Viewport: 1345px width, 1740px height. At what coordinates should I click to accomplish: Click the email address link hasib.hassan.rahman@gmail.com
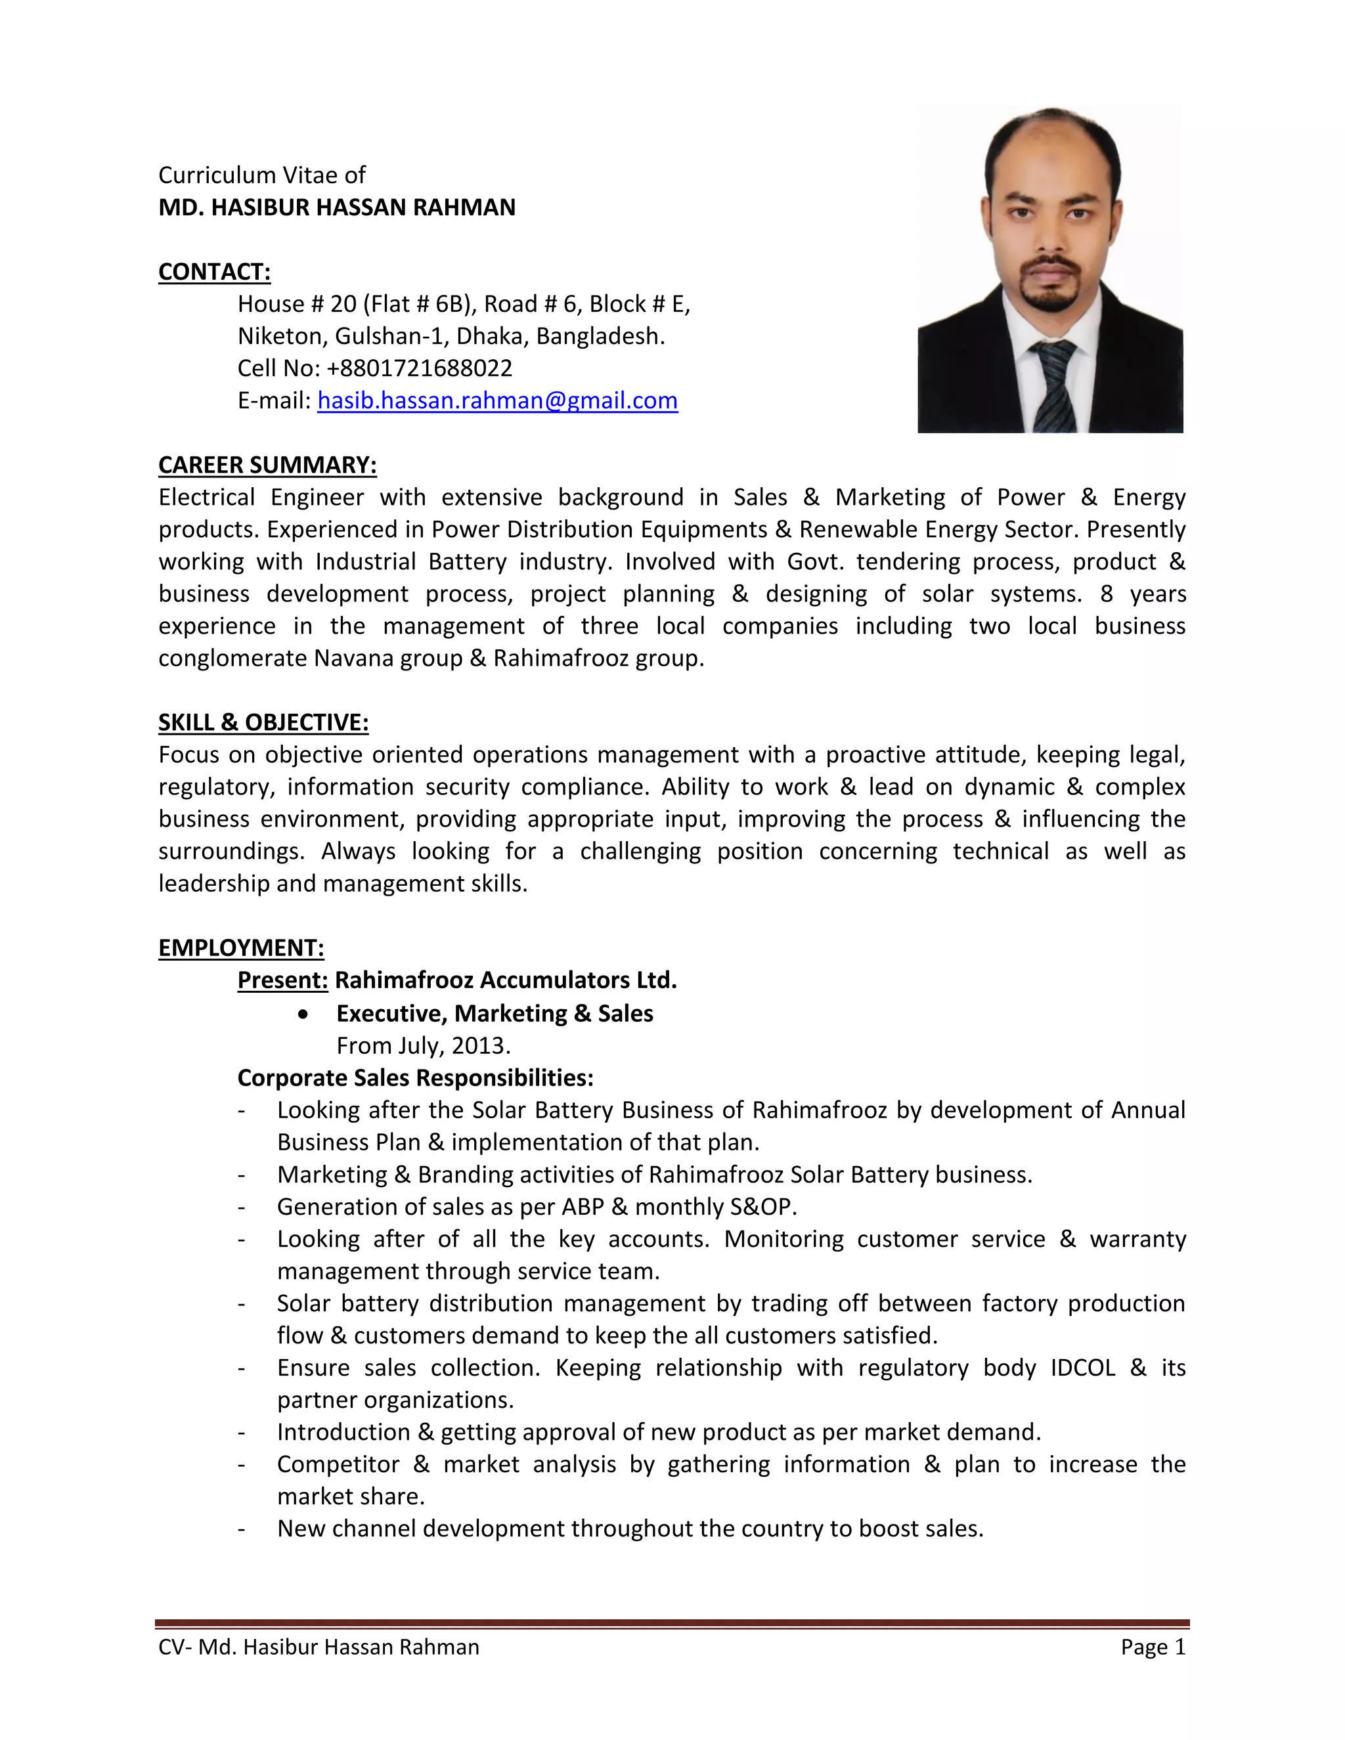pyautogui.click(x=497, y=400)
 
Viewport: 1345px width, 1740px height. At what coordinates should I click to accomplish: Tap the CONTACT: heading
pyautogui.click(x=214, y=272)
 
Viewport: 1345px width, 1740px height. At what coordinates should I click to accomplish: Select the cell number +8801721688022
pyautogui.click(x=419, y=368)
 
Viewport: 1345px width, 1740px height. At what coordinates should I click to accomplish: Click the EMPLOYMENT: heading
pyautogui.click(x=240, y=947)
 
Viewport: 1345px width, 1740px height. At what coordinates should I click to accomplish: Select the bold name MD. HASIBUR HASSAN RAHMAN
pyautogui.click(x=337, y=207)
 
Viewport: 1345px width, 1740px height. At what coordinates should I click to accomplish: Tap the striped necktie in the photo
pyautogui.click(x=1053, y=382)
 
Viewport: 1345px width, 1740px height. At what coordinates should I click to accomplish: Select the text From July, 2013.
pyautogui.click(x=423, y=1045)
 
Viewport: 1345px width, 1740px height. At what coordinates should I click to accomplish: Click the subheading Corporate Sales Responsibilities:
pyautogui.click(x=415, y=1078)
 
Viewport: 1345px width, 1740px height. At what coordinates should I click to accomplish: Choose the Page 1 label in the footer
pyautogui.click(x=1153, y=1647)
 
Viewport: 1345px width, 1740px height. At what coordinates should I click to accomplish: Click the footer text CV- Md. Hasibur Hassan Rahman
pyautogui.click(x=319, y=1647)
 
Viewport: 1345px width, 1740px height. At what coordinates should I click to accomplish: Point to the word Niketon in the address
pyautogui.click(x=281, y=336)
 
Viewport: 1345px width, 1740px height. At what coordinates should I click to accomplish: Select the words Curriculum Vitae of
pyautogui.click(x=262, y=175)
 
